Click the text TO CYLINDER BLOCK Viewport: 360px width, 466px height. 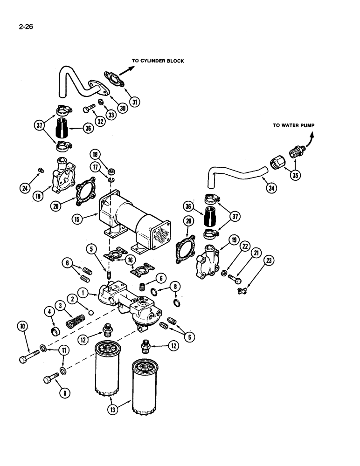(158, 61)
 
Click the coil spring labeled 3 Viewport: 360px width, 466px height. (76, 322)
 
